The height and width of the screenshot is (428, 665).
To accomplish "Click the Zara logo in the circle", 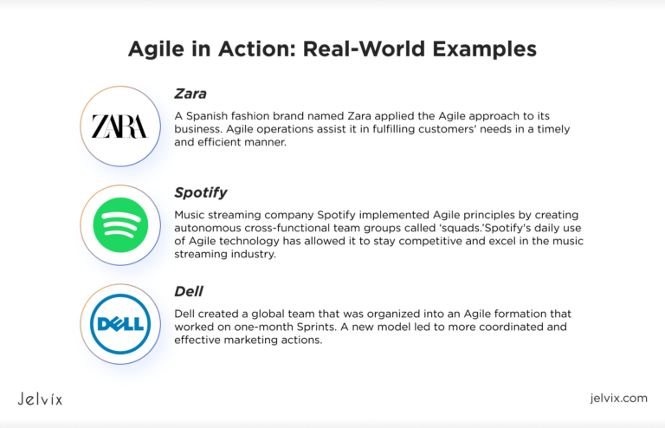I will tap(119, 126).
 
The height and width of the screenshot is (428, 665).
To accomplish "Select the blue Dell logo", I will tap(119, 325).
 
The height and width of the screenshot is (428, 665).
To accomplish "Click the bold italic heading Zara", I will tap(190, 93).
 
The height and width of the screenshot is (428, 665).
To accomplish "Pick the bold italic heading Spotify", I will tap(201, 192).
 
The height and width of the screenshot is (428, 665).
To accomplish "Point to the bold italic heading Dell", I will tap(189, 291).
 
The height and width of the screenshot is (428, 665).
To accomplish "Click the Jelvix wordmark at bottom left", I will tap(40, 399).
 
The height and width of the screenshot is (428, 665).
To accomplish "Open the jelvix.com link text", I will tap(617, 399).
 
